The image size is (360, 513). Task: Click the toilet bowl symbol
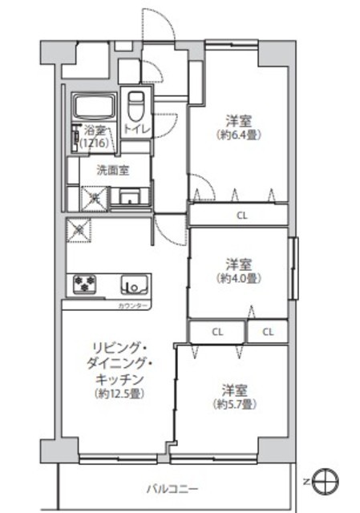pos(136,105)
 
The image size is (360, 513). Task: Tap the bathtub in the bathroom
pos(95,107)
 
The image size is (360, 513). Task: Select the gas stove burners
pos(85,284)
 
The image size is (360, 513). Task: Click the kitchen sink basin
pos(135,284)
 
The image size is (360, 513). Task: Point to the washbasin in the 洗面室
pos(130,197)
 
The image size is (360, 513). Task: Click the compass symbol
pos(325,482)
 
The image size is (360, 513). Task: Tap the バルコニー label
pos(172,490)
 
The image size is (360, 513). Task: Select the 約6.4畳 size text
pos(239,135)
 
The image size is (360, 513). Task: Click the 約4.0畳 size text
pos(239,278)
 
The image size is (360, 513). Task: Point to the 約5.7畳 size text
pos(235,405)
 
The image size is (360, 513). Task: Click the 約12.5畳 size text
pos(119,394)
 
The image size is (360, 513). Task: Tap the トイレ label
pos(136,129)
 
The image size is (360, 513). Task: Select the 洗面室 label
pos(112,170)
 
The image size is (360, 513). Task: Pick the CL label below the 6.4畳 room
pos(242,216)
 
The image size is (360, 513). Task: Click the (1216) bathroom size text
pos(95,143)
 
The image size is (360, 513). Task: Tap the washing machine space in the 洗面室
pos(95,198)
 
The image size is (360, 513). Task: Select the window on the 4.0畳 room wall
pos(293,269)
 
